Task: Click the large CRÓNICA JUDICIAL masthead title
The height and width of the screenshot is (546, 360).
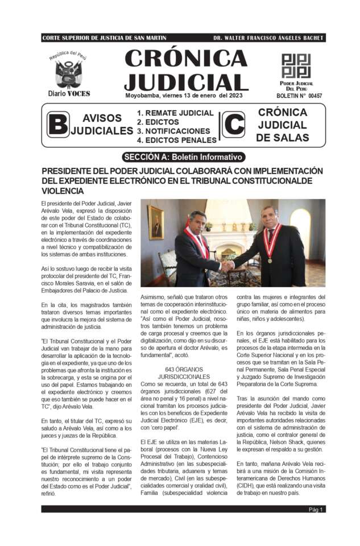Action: (185, 69)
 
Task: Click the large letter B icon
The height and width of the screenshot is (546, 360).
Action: (58, 125)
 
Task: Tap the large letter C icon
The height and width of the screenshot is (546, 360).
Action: (234, 125)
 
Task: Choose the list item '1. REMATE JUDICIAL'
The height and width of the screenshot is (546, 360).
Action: (175, 113)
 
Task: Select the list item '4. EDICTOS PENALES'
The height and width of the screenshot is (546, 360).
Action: (176, 140)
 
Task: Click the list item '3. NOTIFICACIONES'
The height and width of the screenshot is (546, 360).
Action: (173, 131)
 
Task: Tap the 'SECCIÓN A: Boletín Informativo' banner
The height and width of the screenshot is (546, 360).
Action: (183, 157)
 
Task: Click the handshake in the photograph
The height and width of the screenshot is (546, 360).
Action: (227, 265)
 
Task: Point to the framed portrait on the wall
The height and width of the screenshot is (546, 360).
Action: (155, 222)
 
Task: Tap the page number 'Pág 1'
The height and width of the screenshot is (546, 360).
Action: (316, 509)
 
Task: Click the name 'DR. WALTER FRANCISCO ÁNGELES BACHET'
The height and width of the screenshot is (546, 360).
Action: (268, 38)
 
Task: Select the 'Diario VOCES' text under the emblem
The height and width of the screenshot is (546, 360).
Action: (69, 93)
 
